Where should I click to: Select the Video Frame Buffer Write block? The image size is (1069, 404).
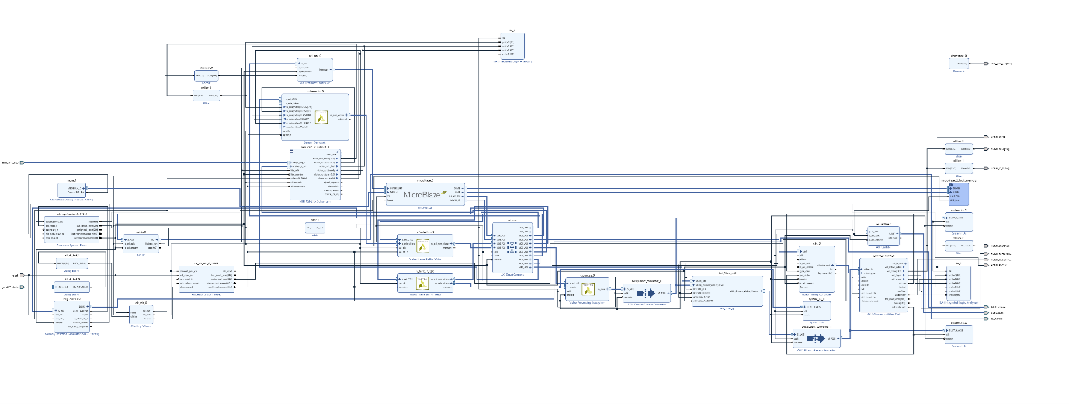coord(424,246)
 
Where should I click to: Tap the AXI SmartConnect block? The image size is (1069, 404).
coord(512,248)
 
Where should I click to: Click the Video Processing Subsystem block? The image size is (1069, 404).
coord(586,291)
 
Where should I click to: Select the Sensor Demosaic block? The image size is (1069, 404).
coord(315,117)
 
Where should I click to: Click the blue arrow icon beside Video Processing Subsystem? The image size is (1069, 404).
coord(644,294)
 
